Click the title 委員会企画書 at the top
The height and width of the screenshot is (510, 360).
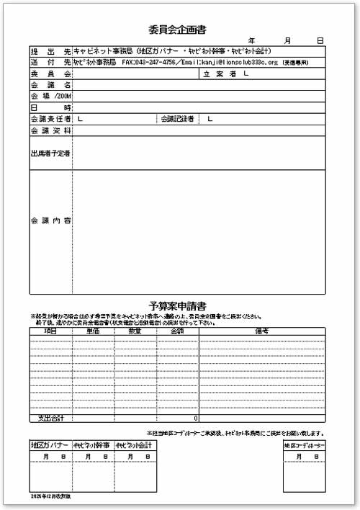point(177,30)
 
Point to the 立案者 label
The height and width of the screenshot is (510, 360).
point(220,73)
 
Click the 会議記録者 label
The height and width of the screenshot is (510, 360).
point(177,119)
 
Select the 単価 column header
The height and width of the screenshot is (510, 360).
point(93,331)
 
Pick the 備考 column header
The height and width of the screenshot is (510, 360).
point(261,331)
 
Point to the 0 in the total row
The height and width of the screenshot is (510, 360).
point(195,418)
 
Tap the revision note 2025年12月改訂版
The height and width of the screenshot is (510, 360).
point(51,497)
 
